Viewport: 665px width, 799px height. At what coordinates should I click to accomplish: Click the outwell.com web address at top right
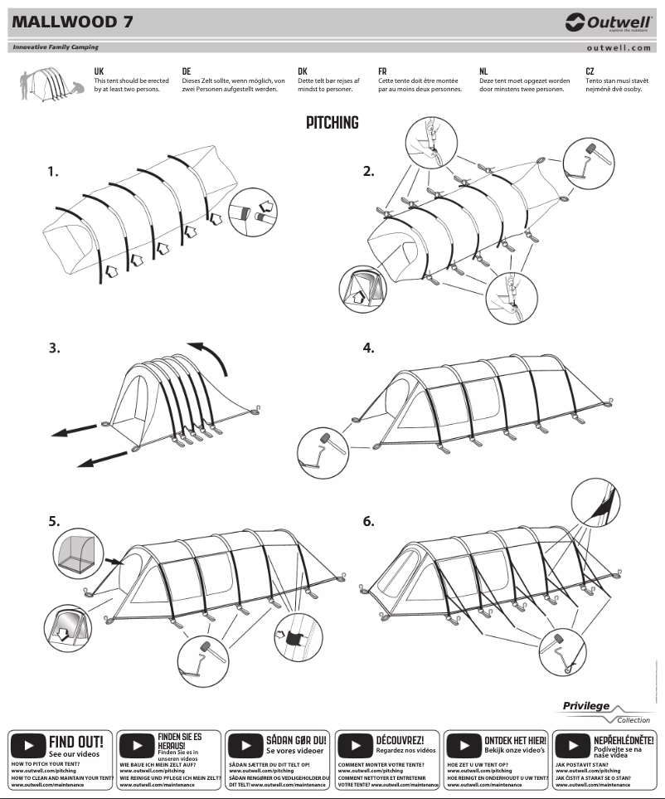[x=618, y=48]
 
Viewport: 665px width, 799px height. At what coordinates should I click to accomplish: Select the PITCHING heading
[x=332, y=123]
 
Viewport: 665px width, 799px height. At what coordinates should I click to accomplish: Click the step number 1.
[x=54, y=172]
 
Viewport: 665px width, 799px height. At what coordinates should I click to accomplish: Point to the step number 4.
[x=369, y=348]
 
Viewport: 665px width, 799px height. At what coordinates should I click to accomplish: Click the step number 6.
[x=369, y=521]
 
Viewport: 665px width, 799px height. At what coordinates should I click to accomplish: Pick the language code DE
[x=187, y=71]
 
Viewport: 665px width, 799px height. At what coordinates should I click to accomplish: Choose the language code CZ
[x=590, y=71]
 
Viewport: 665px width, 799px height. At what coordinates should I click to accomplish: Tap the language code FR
[x=382, y=71]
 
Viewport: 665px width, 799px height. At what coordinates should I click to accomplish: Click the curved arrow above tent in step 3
[x=209, y=357]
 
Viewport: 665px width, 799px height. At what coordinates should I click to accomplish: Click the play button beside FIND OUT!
[x=28, y=744]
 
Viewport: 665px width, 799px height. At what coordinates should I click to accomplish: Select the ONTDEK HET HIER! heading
[x=515, y=739]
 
